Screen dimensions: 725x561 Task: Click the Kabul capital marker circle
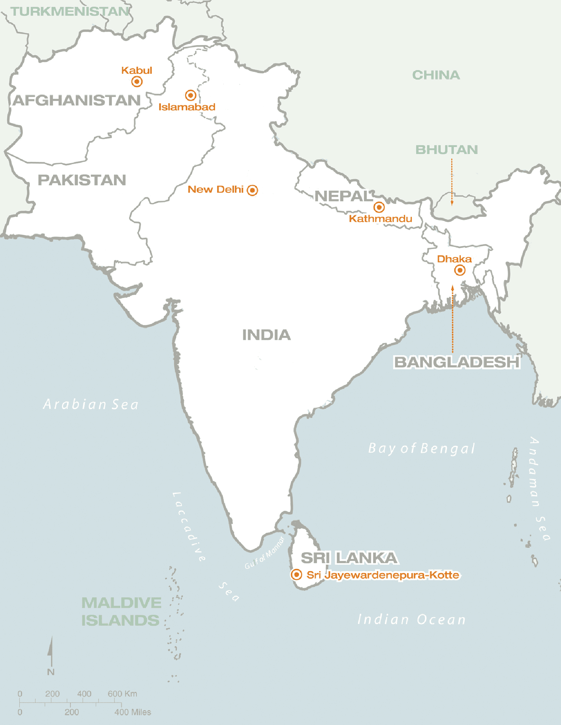tap(137, 82)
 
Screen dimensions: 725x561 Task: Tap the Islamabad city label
tap(187, 107)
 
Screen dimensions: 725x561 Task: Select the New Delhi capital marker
tap(252, 190)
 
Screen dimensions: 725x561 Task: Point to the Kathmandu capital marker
tap(379, 207)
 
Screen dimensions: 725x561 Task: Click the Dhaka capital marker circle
tap(460, 270)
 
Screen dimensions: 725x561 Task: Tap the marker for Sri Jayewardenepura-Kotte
tap(297, 575)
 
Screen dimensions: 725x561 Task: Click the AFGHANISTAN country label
tap(77, 101)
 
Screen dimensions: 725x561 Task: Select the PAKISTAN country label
tap(82, 180)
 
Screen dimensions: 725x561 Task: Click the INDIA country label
tap(266, 335)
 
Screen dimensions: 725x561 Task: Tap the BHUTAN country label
tap(446, 150)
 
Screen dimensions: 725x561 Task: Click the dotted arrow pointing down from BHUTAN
tap(452, 182)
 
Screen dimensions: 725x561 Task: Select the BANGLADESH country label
tap(457, 362)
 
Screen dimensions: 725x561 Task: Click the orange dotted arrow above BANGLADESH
tap(453, 319)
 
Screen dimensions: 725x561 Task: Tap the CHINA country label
tap(436, 75)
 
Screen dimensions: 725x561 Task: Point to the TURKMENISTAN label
tap(70, 12)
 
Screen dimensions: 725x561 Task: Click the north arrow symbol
tap(51, 652)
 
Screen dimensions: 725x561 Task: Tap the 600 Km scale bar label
tap(122, 694)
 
